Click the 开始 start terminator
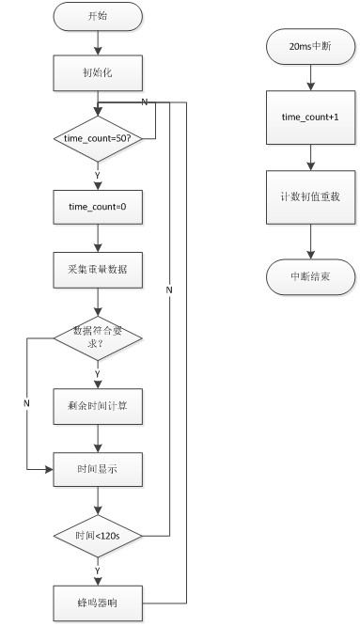[x=98, y=16]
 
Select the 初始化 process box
[x=98, y=70]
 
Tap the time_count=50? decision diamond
[x=98, y=138]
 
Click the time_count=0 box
[x=98, y=206]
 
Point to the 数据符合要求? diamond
[x=98, y=336]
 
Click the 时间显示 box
[x=98, y=468]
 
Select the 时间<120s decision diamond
[x=98, y=536]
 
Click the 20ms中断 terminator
[x=310, y=45]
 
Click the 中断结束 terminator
[x=310, y=277]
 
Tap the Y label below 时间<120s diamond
[x=98, y=570]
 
